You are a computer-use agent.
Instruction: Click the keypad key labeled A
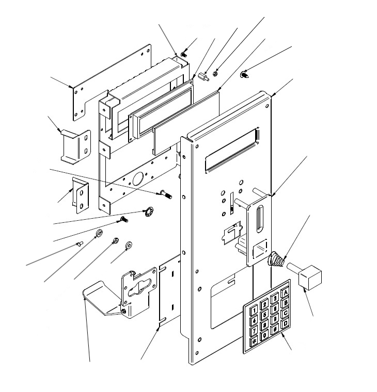pyautogui.click(x=286, y=292)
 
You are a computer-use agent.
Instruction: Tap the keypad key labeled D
pyautogui.click(x=285, y=324)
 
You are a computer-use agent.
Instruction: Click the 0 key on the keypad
pyautogui.click(x=264, y=335)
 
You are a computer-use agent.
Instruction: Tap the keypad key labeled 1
pyautogui.click(x=254, y=311)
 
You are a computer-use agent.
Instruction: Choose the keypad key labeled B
pyautogui.click(x=286, y=303)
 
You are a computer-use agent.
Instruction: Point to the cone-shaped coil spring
pyautogui.click(x=276, y=259)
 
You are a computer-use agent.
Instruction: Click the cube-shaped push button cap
pyautogui.click(x=310, y=277)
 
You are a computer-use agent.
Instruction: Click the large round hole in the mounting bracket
pyautogui.click(x=138, y=178)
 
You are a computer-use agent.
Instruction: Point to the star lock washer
pyautogui.click(x=149, y=211)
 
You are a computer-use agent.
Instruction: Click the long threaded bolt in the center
pyautogui.click(x=166, y=194)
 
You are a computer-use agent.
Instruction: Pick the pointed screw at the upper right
pyautogui.click(x=245, y=74)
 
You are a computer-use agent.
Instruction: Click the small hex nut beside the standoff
pyautogui.click(x=215, y=73)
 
